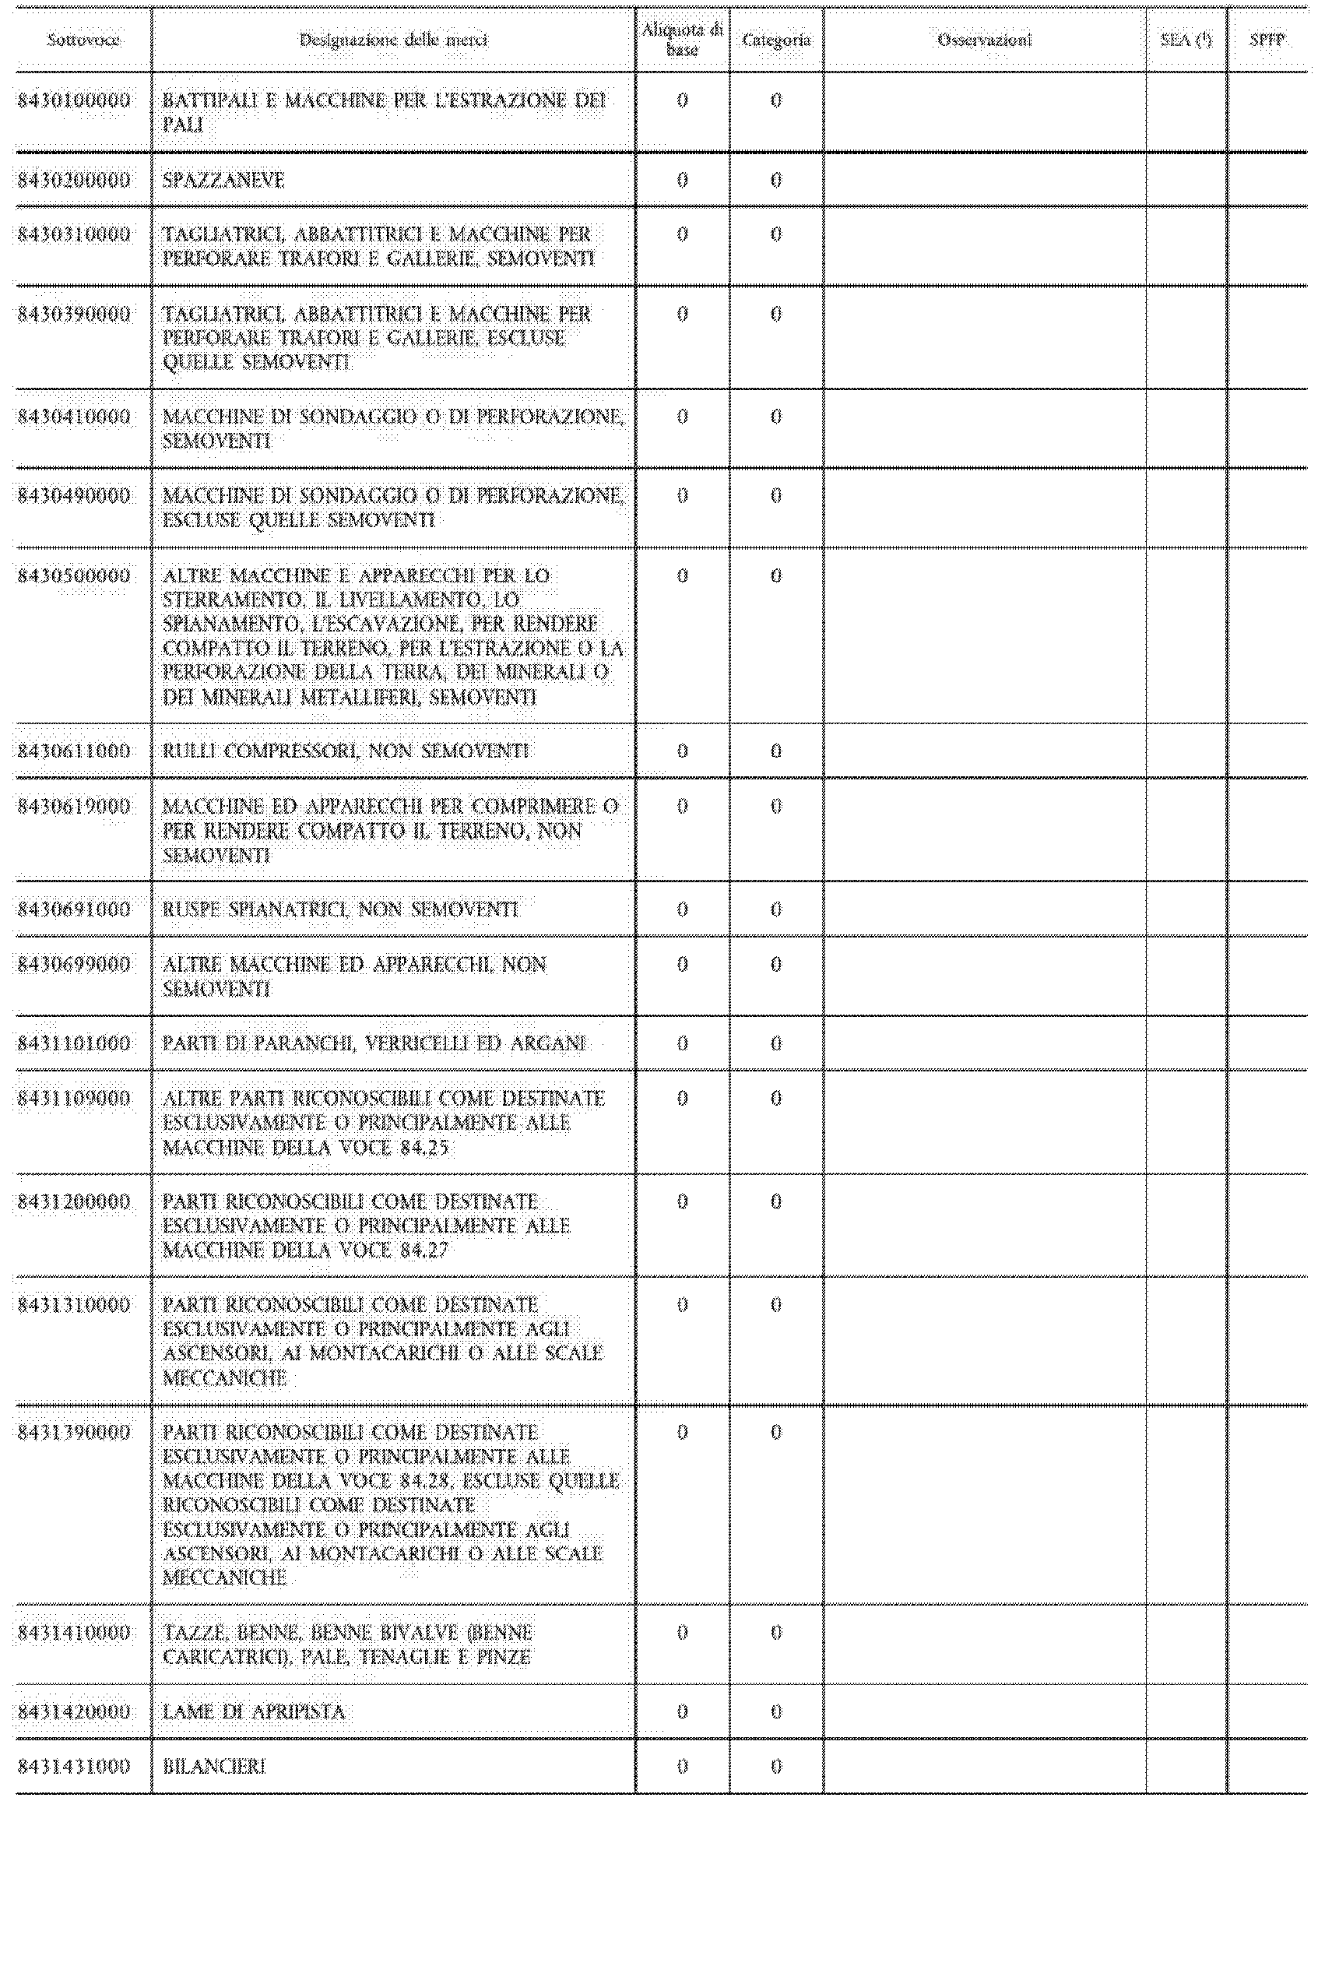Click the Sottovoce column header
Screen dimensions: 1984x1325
tap(83, 40)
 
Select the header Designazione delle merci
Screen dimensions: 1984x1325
tap(393, 40)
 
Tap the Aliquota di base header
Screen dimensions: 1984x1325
tap(682, 40)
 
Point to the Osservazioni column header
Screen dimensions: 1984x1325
tap(985, 40)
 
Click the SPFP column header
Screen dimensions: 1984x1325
tap(1267, 40)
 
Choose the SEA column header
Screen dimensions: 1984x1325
tap(1186, 40)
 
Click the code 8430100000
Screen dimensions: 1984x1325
tap(75, 100)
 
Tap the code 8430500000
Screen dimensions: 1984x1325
tap(75, 576)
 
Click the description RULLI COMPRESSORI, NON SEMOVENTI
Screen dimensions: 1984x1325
tap(346, 751)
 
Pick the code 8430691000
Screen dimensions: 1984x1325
tap(75, 909)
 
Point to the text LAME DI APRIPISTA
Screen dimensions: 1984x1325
tap(254, 1712)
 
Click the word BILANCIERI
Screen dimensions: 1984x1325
tap(214, 1766)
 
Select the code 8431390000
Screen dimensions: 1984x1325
tap(75, 1433)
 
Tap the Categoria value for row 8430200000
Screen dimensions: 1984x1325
tap(775, 180)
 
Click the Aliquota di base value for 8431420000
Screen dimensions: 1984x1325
tap(682, 1712)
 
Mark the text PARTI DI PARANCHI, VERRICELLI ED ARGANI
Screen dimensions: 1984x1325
tap(374, 1043)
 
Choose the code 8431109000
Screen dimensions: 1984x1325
tap(75, 1099)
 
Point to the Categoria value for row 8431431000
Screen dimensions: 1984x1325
tap(775, 1766)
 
